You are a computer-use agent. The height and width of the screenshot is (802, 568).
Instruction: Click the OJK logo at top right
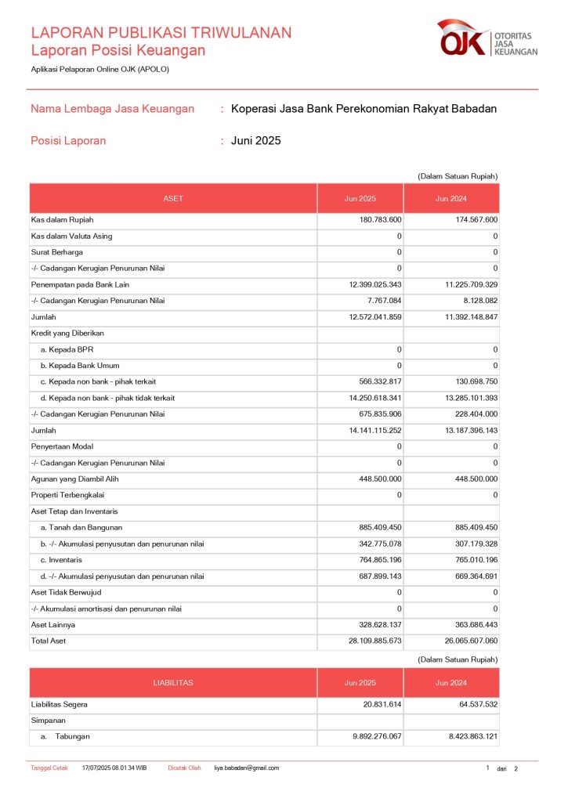[487, 38]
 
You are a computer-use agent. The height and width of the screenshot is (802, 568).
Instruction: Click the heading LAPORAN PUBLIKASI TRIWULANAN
[161, 33]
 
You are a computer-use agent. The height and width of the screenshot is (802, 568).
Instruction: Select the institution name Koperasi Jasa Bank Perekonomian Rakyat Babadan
[364, 109]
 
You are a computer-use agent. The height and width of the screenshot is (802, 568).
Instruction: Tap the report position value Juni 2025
[255, 141]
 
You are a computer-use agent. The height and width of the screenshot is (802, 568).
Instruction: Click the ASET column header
[173, 199]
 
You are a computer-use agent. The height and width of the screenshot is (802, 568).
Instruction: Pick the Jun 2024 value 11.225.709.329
[462, 284]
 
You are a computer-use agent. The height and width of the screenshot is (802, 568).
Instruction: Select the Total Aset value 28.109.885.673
[365, 641]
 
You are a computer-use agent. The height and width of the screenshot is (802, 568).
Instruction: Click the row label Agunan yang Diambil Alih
[74, 479]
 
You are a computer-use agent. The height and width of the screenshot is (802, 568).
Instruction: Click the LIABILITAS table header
[173, 683]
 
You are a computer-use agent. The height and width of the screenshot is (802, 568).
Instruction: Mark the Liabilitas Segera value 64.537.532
[470, 705]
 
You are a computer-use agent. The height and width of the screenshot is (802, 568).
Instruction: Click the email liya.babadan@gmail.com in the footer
[247, 768]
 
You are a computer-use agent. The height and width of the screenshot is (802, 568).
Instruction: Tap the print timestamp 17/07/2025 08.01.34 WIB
[114, 768]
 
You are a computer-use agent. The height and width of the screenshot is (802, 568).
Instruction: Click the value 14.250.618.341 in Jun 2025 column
[365, 398]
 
